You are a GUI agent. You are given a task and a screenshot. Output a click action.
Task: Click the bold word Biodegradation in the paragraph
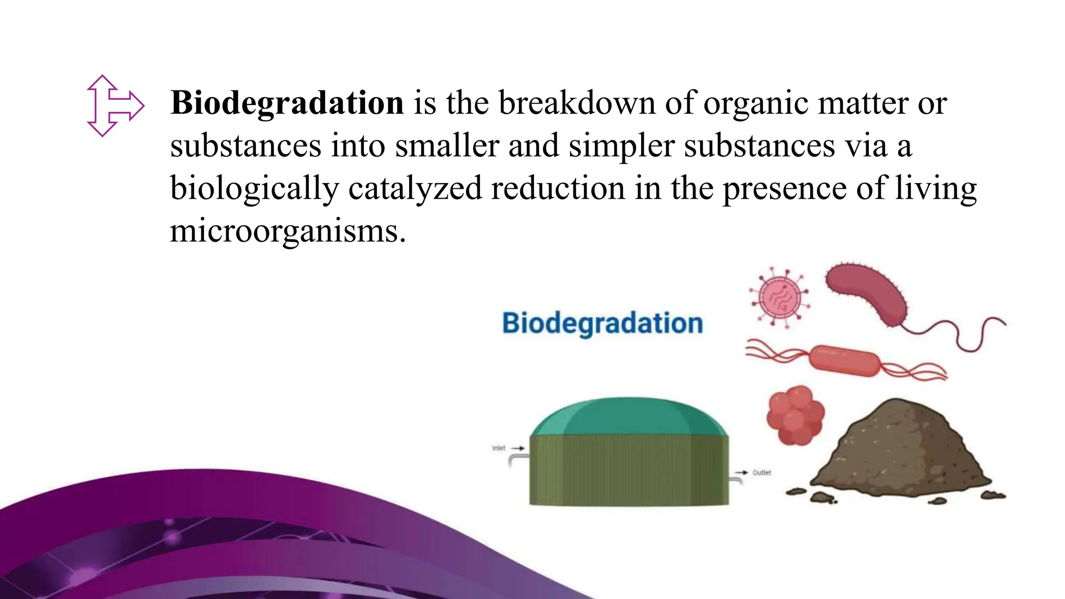(287, 103)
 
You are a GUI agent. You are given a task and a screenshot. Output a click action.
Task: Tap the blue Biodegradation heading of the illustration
(602, 323)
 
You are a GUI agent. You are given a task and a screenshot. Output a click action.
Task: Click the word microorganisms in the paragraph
(287, 230)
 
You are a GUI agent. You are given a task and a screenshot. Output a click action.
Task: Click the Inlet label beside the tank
(499, 448)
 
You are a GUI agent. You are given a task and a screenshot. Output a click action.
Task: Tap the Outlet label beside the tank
(762, 473)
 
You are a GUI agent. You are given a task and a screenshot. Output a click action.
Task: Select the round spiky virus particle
(779, 297)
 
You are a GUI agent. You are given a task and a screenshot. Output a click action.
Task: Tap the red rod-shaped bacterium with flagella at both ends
(845, 360)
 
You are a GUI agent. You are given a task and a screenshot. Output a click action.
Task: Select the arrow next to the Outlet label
(741, 473)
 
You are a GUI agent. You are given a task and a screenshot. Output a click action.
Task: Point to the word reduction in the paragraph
(558, 188)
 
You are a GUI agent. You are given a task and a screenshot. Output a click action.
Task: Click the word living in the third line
(936, 188)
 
